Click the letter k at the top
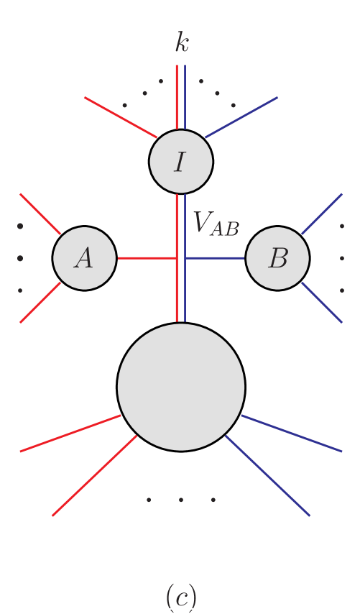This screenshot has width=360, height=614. click(x=182, y=43)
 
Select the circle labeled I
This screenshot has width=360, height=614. click(x=181, y=162)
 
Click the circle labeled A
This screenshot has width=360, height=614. click(x=84, y=258)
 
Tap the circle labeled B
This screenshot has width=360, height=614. click(x=277, y=258)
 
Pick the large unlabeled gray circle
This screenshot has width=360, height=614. click(x=181, y=387)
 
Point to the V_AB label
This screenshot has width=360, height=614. click(x=216, y=224)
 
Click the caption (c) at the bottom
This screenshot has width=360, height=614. click(x=181, y=596)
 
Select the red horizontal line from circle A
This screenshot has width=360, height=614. click(x=147, y=258)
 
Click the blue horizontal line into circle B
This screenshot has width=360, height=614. click(x=216, y=258)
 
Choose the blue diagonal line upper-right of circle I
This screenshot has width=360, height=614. click(x=241, y=116)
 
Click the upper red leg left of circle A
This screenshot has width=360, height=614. click(x=40, y=214)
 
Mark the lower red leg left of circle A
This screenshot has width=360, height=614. click(x=40, y=302)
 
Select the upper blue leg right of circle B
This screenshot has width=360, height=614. click(x=322, y=214)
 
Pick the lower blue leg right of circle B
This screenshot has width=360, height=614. click(x=322, y=302)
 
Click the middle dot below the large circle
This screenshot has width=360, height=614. click(x=181, y=499)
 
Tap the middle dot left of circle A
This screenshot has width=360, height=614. click(x=20, y=258)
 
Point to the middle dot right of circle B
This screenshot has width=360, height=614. click(x=342, y=258)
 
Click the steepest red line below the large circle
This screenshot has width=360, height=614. click(x=94, y=475)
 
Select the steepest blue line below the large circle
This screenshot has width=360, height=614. click(x=267, y=475)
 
